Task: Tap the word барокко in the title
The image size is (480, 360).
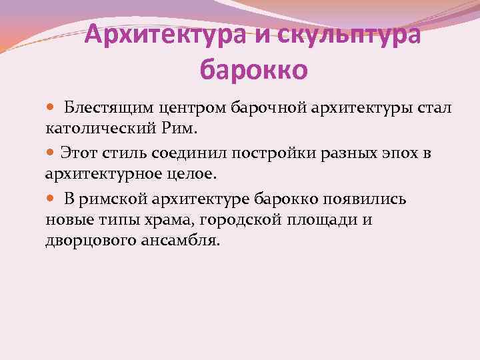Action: [x=253, y=68]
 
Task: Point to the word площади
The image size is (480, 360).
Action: [x=320, y=219]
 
